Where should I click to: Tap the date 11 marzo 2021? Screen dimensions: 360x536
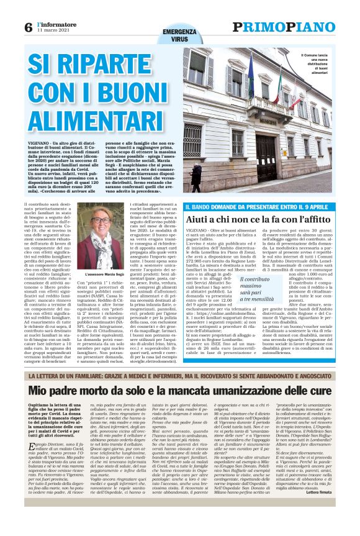coord(53,32)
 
